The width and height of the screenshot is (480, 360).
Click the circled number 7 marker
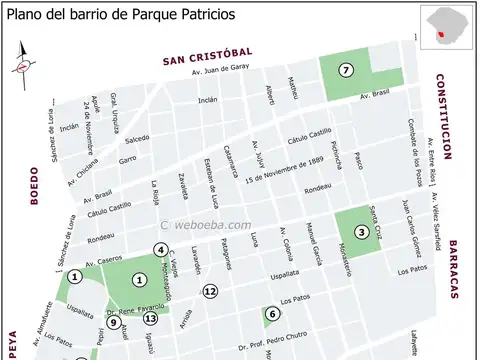[346, 70]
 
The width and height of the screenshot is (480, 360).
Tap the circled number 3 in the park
[361, 233]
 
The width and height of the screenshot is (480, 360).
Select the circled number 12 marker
[210, 291]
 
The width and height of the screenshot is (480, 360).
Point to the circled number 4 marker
[160, 250]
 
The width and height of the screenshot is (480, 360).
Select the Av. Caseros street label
[104, 263]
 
